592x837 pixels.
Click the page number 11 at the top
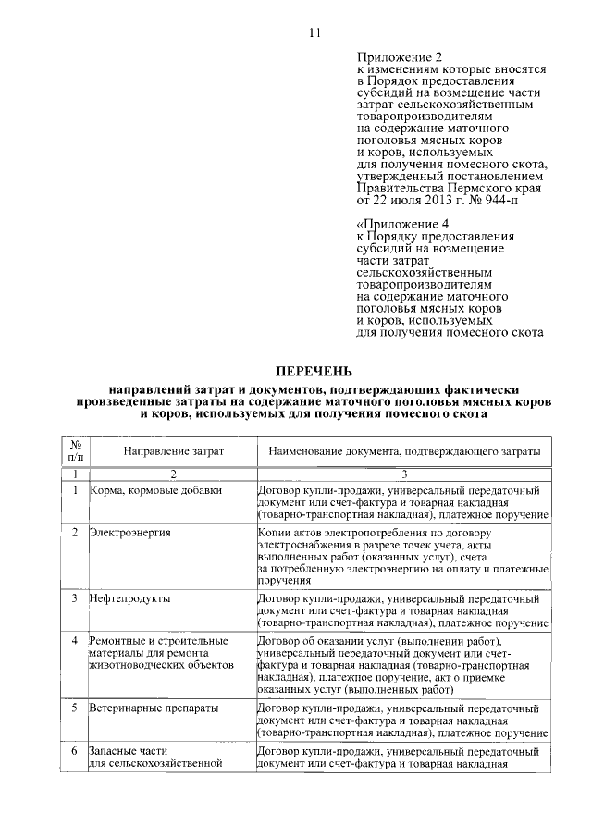coord(314,33)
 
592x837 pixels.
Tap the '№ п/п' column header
coord(76,450)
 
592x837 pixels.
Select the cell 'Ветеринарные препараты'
coord(154,708)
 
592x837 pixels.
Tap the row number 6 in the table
coord(75,751)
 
